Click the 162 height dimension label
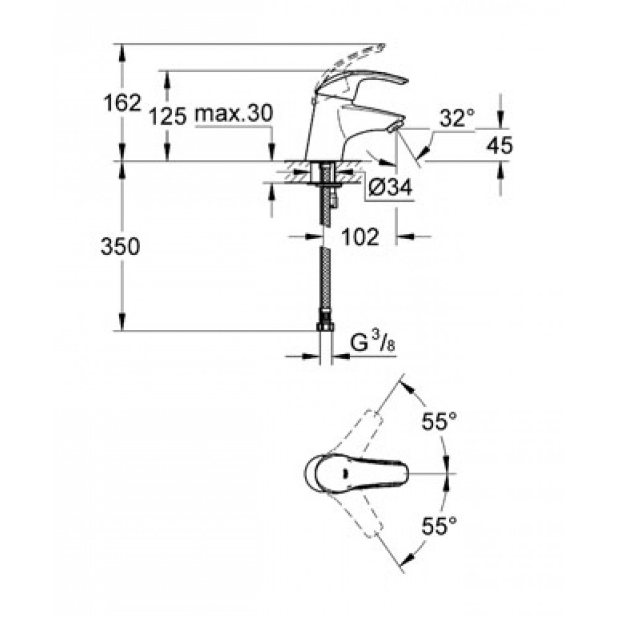coord(122,103)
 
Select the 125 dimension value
coord(167,117)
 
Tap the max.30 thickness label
coord(234,114)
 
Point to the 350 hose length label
coord(120,247)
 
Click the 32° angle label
coord(457,117)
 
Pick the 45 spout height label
coord(500,145)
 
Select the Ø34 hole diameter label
coord(390,187)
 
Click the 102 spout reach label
coord(360,236)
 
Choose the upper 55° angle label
coord(439,422)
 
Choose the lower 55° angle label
coord(439,526)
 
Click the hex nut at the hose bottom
coord(325,326)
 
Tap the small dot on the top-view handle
coord(345,473)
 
